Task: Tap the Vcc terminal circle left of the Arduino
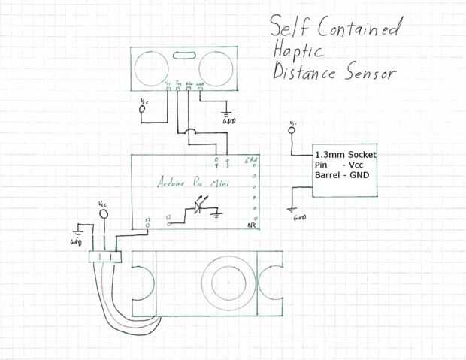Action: [x=142, y=113]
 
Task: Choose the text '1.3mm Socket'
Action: [x=345, y=154]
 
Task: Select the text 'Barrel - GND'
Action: [x=342, y=176]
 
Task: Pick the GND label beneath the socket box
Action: [x=299, y=217]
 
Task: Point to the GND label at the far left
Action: [x=75, y=242]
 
